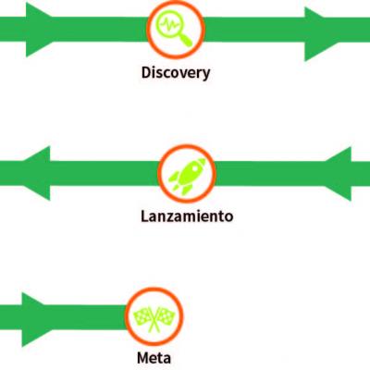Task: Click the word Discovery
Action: [x=176, y=73]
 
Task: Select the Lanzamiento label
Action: [x=187, y=216]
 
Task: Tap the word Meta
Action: [x=154, y=358]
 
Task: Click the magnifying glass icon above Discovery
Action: [x=174, y=29]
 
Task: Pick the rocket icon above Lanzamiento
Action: [x=188, y=176]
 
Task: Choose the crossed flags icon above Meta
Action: [x=154, y=318]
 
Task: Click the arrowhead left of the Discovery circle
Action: [x=39, y=30]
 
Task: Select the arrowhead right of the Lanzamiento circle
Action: [x=339, y=174]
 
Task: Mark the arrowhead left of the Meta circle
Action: [x=34, y=320]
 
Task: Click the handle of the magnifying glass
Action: [x=186, y=41]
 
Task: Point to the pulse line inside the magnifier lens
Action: [x=169, y=24]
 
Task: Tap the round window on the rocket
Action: [x=194, y=169]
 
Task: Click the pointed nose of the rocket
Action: [x=203, y=161]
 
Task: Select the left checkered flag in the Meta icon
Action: [x=142, y=315]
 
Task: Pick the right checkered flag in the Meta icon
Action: [x=166, y=315]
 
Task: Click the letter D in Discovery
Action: [x=146, y=72]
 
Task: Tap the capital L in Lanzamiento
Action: [x=144, y=216]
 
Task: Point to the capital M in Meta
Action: [x=143, y=358]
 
